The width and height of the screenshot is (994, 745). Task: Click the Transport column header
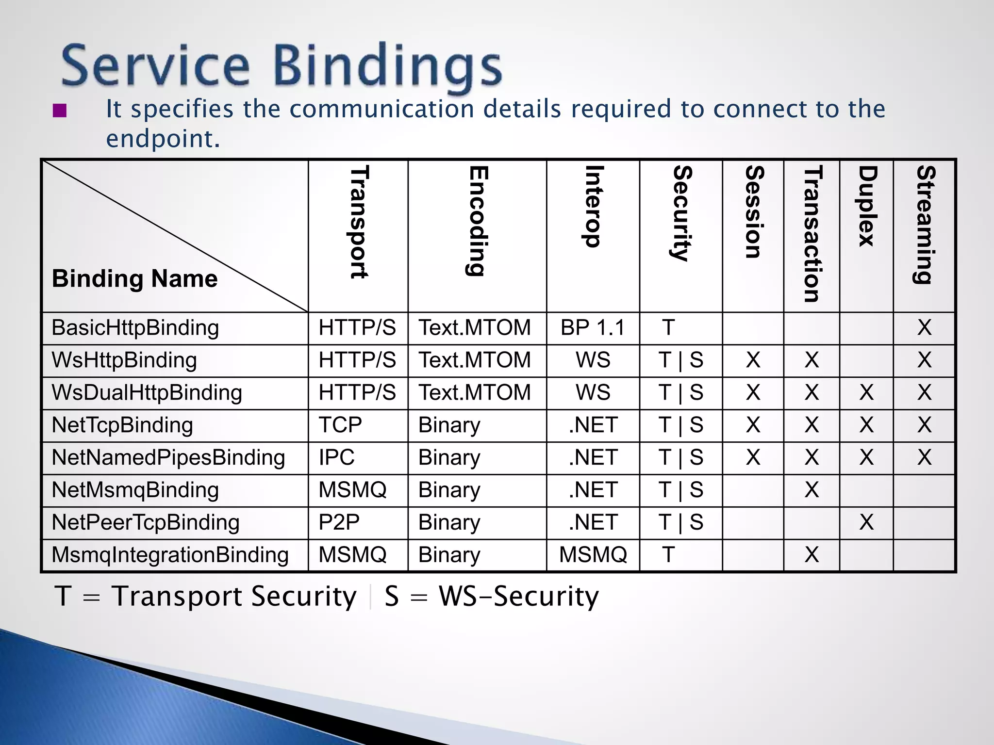tap(359, 222)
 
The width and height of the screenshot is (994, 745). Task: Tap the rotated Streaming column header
tap(925, 224)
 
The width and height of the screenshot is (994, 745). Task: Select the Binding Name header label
tap(135, 279)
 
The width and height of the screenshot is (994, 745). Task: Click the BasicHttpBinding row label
tap(135, 328)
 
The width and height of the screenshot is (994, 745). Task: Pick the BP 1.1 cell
tap(593, 328)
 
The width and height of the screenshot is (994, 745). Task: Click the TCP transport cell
tap(340, 425)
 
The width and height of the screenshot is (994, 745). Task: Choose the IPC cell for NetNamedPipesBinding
tap(336, 458)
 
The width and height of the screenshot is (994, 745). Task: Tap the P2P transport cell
tap(339, 523)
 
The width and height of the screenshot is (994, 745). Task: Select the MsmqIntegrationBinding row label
tap(170, 555)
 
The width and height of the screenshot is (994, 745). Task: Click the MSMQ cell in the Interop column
tap(593, 555)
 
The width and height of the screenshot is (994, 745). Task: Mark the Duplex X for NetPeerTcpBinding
tap(866, 523)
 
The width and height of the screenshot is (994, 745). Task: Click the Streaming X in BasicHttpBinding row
tap(925, 328)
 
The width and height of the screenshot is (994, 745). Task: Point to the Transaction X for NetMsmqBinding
tap(812, 490)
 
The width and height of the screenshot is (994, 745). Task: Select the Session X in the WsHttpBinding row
tap(753, 360)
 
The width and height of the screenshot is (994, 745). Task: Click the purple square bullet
tap(60, 111)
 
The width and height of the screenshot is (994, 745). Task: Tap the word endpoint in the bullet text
tap(163, 139)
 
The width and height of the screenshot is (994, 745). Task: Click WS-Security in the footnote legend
tap(518, 597)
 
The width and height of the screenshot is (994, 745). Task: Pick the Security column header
tap(681, 213)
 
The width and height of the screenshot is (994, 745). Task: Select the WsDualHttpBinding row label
tap(147, 393)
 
